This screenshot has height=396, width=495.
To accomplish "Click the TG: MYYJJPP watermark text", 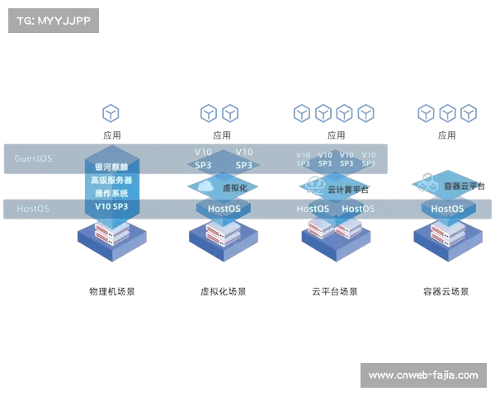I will click(x=51, y=21).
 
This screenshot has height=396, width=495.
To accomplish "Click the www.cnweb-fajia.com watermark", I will click(x=422, y=375).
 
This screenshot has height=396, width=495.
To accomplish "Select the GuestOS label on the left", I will click(x=33, y=158).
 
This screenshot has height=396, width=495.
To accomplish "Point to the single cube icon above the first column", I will click(x=111, y=113).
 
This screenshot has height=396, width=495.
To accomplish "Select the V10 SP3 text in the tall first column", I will click(x=111, y=206).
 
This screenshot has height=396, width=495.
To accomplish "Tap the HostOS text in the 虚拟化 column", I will click(x=223, y=209).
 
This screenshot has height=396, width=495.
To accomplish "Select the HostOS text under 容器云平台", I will click(x=446, y=209).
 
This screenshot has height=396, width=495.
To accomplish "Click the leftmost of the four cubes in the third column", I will click(x=303, y=113).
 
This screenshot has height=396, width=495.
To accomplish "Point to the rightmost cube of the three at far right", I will click(x=468, y=113).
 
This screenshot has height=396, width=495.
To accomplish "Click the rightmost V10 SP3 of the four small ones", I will click(x=368, y=158).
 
